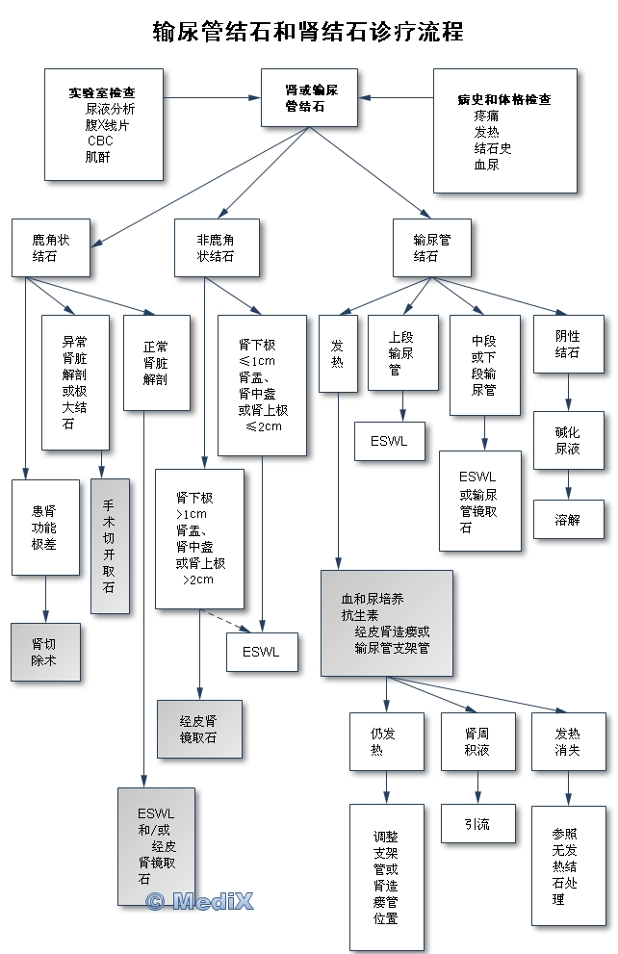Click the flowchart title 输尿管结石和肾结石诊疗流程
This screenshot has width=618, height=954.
[x=308, y=32]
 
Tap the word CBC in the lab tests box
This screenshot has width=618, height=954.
[x=100, y=141]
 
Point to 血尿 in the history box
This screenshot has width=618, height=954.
[x=486, y=165]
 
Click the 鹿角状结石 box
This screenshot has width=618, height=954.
[x=51, y=247]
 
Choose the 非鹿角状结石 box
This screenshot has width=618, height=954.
[x=216, y=247]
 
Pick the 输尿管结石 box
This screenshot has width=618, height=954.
[x=433, y=247]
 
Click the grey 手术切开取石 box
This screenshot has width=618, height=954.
[x=109, y=546]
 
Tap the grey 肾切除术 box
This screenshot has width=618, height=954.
[x=45, y=652]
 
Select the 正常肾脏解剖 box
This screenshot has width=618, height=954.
[x=156, y=363]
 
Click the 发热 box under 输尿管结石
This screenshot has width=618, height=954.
[x=338, y=353]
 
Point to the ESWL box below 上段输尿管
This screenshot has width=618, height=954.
[x=389, y=442]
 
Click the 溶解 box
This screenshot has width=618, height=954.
[x=568, y=519]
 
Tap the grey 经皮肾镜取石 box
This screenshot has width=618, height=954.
[x=198, y=729]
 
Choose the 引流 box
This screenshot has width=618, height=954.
[x=477, y=823]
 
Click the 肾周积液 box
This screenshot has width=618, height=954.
[x=477, y=741]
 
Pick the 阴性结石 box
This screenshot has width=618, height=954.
[x=568, y=344]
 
